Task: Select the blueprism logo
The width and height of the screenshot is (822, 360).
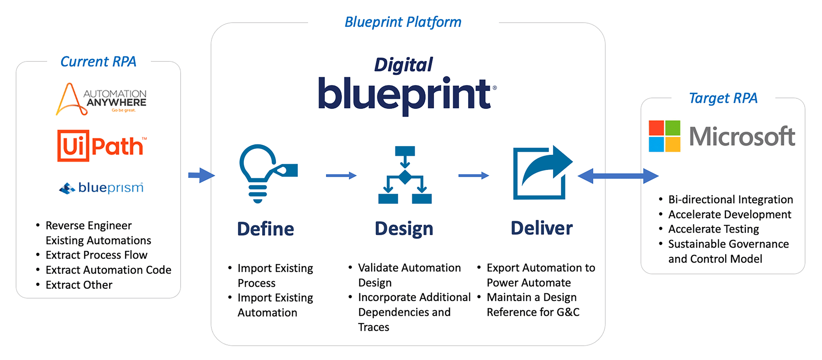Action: tap(101, 188)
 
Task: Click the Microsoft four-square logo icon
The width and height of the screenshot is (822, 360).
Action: tap(664, 136)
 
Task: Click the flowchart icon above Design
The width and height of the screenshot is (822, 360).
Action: tap(405, 175)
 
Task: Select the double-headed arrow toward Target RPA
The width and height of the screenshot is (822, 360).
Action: tap(618, 176)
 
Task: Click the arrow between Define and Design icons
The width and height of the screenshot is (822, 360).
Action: tap(341, 175)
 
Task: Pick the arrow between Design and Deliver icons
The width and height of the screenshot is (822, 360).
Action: tap(473, 175)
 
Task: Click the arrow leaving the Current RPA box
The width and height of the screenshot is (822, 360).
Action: tap(201, 175)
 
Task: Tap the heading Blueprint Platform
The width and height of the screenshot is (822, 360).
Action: tap(403, 22)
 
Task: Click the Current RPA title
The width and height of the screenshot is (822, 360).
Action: tap(98, 62)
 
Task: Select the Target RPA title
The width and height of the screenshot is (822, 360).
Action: tap(723, 98)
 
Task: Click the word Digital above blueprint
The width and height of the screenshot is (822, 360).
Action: tap(403, 65)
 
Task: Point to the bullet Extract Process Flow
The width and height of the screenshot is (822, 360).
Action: tap(96, 255)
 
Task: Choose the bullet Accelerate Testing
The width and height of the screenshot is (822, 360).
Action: tap(713, 229)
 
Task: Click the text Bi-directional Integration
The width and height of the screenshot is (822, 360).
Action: tap(730, 200)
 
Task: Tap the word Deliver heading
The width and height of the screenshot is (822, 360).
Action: tap(542, 228)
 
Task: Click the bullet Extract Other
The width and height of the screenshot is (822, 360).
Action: tap(79, 285)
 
